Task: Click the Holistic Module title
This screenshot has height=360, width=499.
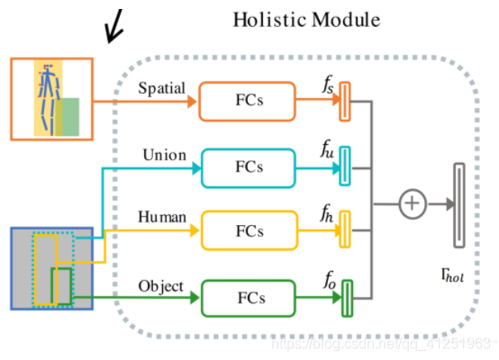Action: coord(307,19)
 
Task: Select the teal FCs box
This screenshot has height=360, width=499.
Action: coord(249,166)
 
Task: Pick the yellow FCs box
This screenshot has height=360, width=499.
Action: coord(249,229)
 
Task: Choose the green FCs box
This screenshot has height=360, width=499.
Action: coord(249,297)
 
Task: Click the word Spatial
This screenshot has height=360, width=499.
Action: coord(162,89)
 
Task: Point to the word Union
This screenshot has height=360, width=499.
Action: coord(164,155)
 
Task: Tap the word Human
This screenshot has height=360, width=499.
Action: coord(162,218)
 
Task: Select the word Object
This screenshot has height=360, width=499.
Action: coord(161,286)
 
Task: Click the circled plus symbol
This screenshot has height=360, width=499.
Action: coord(412,204)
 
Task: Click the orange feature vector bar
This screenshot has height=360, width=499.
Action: coord(344,101)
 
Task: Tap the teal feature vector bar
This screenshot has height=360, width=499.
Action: coord(344,166)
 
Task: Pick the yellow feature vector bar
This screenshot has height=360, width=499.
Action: coord(343,230)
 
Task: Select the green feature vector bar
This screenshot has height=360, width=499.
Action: coord(345,295)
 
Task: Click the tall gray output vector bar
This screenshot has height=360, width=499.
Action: coord(459,204)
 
